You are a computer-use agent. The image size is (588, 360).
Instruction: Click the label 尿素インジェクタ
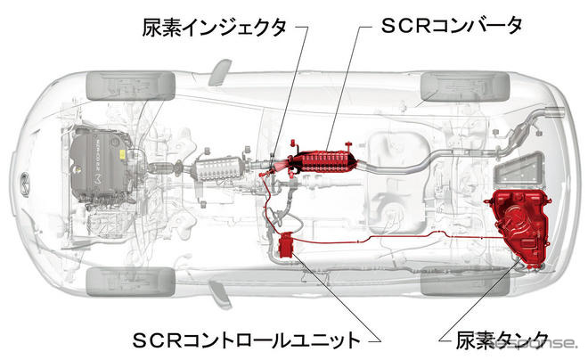(x=215, y=28)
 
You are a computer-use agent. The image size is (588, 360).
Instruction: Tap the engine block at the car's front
(x=97, y=166)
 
